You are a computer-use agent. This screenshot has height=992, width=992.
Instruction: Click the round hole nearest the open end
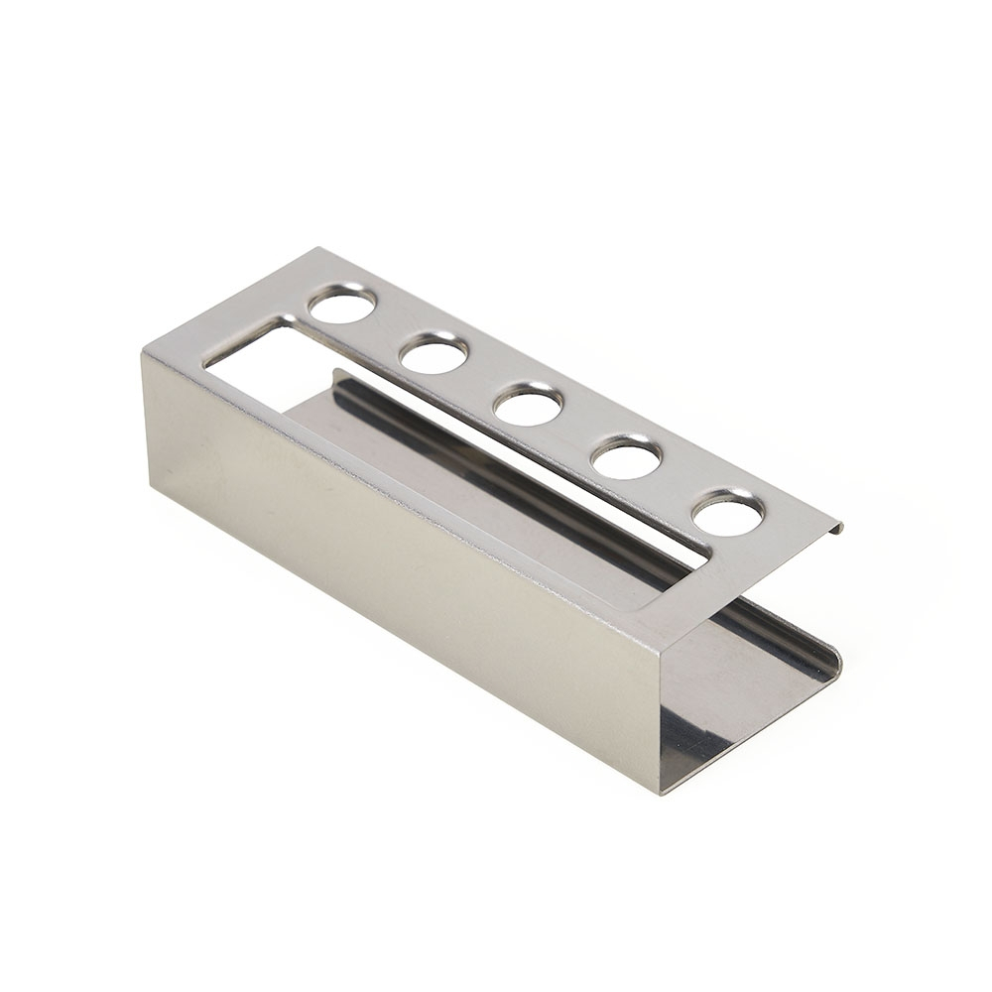coord(728,514)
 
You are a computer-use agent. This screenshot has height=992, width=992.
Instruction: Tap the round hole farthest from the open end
coord(342,305)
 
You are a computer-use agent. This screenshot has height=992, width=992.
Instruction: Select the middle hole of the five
coord(529,404)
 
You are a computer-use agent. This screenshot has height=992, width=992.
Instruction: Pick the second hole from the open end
coord(627,456)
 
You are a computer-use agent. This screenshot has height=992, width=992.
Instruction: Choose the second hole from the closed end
coord(434,352)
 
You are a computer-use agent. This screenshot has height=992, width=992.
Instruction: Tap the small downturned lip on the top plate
coord(836,527)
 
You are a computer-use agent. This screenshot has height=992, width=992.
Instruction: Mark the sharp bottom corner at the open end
coord(660,791)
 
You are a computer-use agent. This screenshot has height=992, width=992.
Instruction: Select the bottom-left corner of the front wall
coord(151,488)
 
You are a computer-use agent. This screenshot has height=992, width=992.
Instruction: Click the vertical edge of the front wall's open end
coord(659,714)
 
